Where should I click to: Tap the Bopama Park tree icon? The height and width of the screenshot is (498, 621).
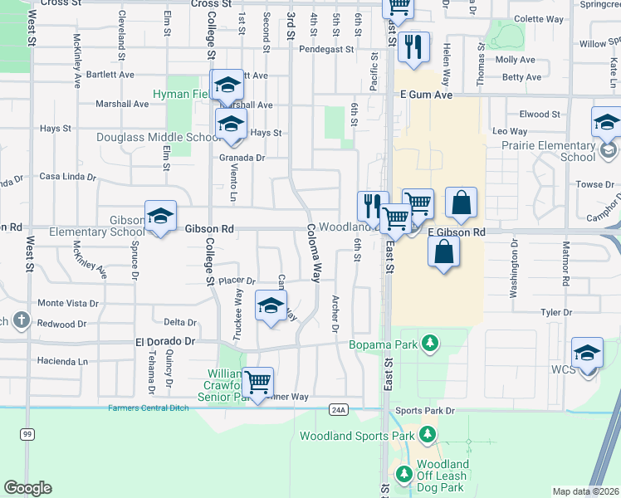(429, 342)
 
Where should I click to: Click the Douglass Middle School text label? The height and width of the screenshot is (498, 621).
(154, 138)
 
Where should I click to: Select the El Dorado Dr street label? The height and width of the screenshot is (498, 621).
(164, 341)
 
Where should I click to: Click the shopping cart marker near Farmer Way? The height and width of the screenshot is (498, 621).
(258, 382)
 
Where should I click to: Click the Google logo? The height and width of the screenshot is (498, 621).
(27, 488)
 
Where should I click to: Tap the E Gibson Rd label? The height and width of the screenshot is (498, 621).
(456, 233)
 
